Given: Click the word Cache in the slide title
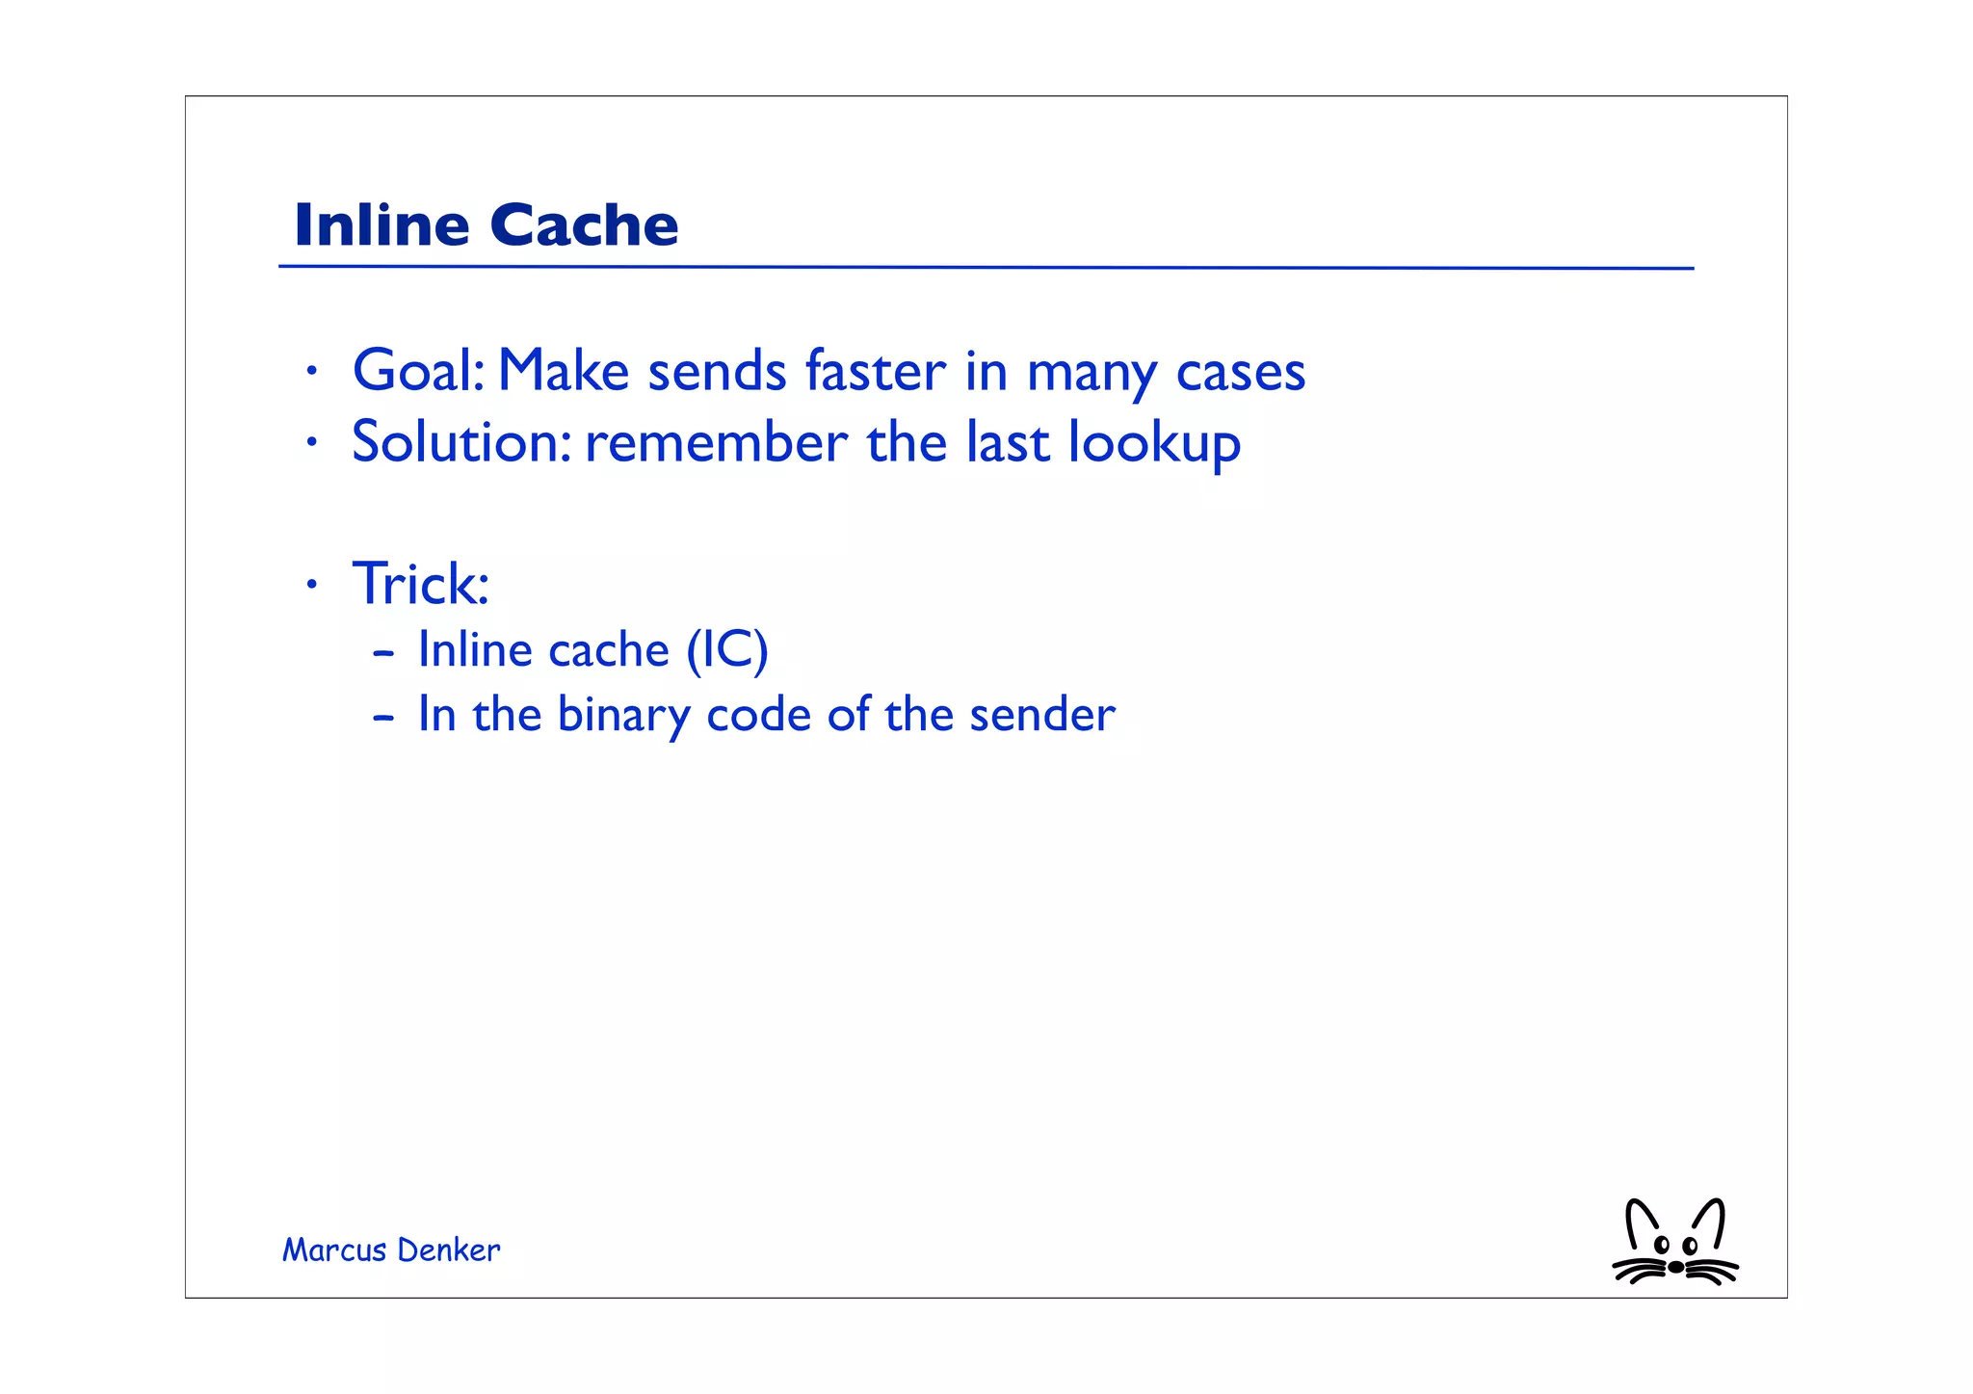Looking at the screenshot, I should click(584, 225).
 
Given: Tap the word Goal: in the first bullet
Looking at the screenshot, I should click(418, 371).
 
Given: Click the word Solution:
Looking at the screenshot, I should click(461, 442).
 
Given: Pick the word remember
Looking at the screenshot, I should click(716, 443).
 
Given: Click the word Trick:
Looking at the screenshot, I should click(421, 584).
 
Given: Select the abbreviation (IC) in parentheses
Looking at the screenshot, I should click(726, 650).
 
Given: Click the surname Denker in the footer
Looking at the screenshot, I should click(448, 1250).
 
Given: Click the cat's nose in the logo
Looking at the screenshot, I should click(1675, 1267).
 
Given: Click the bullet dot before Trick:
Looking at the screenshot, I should click(310, 585).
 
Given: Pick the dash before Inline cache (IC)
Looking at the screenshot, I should click(383, 653).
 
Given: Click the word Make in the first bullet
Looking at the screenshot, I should click(563, 371).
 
